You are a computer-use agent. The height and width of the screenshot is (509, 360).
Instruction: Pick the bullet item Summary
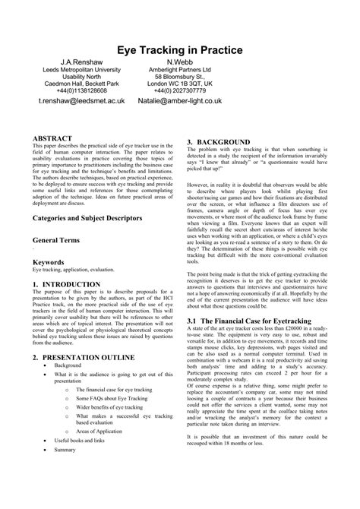(65, 471)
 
